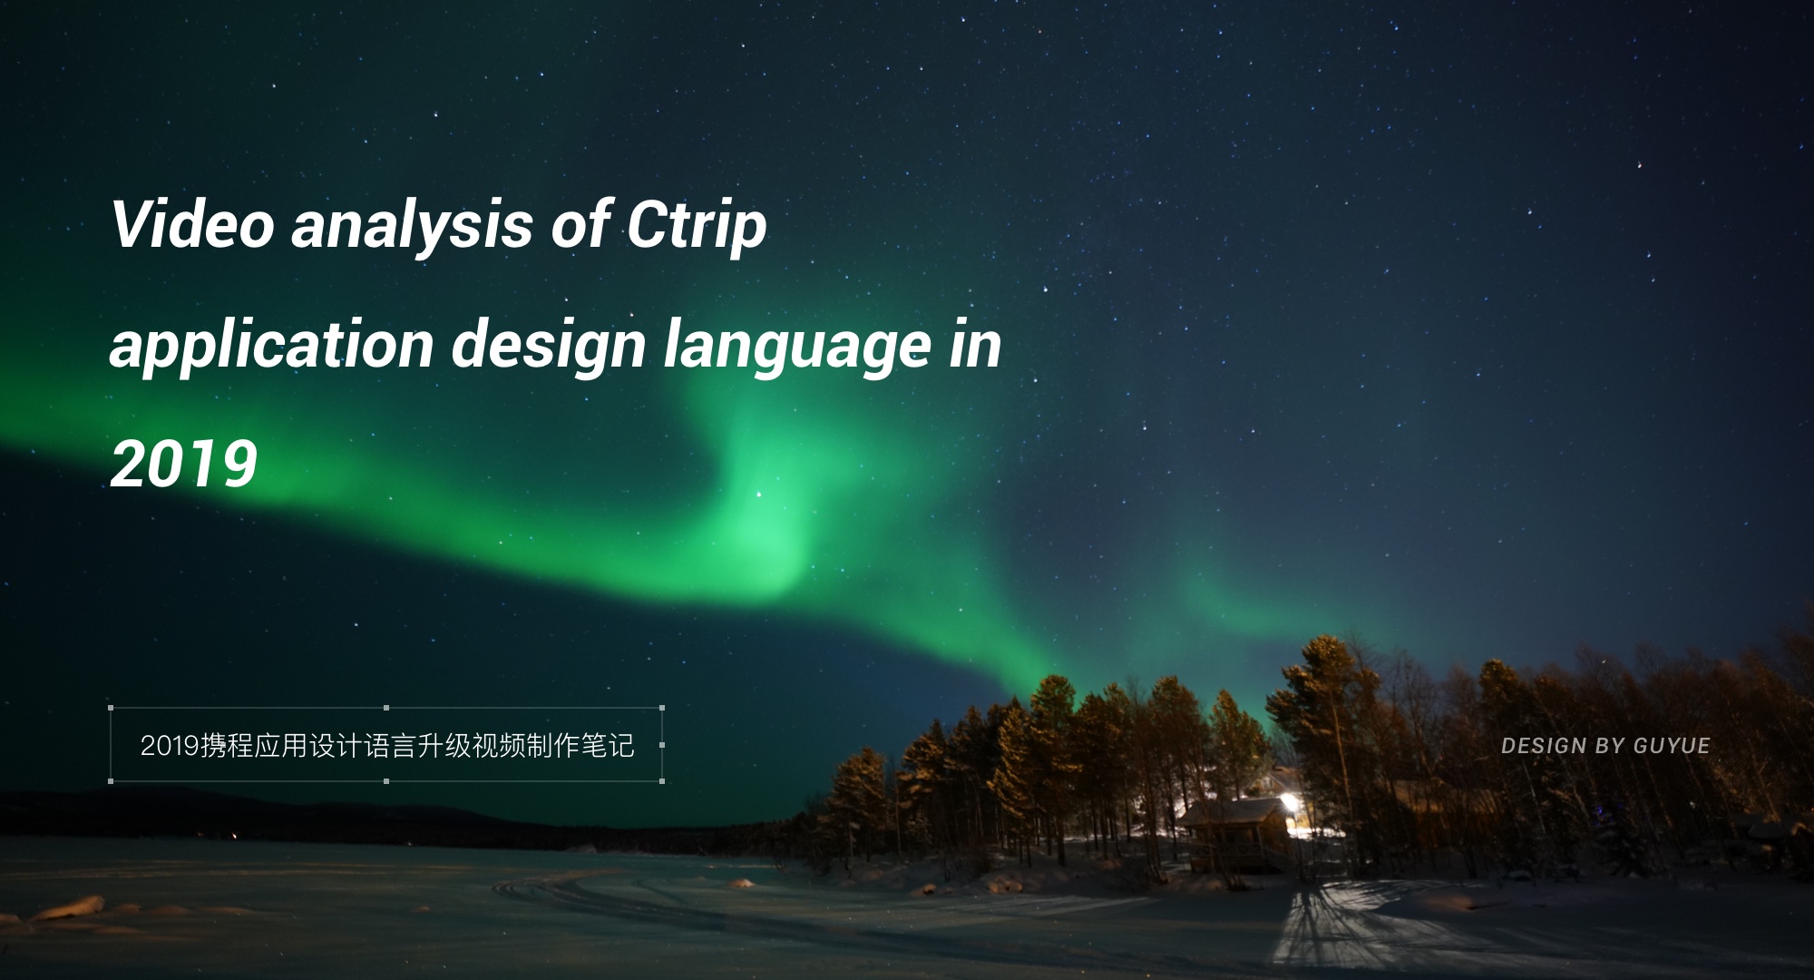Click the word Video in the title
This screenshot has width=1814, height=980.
point(192,224)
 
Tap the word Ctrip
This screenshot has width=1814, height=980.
point(697,228)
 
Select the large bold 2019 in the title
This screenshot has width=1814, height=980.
point(184,464)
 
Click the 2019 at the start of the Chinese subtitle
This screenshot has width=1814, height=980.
point(170,746)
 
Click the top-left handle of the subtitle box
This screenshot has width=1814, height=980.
point(111,708)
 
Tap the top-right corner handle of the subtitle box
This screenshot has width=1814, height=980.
point(662,708)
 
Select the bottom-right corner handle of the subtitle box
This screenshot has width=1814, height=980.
point(662,780)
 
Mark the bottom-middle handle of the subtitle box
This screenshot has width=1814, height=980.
point(386,780)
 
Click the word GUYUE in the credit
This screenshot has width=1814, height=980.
point(1672,746)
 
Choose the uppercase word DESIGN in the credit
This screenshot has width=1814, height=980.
point(1543,746)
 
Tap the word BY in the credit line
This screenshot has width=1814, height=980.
point(1610,746)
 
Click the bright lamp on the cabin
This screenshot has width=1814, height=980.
point(1288,802)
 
